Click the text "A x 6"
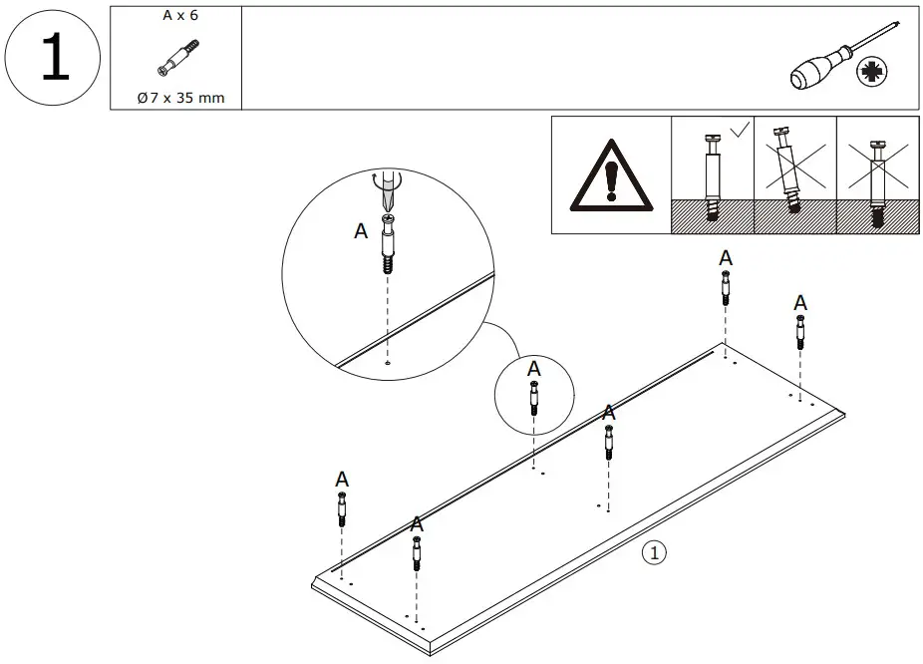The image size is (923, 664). click(x=180, y=16)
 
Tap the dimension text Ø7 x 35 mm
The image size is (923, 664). click(x=180, y=97)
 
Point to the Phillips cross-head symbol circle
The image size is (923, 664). click(x=872, y=71)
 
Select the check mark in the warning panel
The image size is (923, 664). click(x=739, y=130)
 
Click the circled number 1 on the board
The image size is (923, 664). click(x=653, y=551)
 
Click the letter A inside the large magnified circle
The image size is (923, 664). click(x=361, y=231)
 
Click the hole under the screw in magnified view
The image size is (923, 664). click(x=386, y=364)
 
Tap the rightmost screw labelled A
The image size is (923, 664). click(x=799, y=331)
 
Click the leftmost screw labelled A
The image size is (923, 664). click(x=342, y=509)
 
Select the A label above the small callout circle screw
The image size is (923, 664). click(x=534, y=368)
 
